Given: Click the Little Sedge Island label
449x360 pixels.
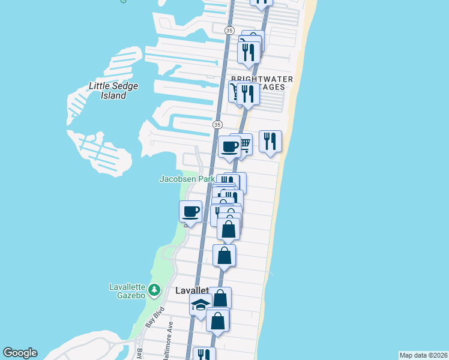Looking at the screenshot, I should (113, 91).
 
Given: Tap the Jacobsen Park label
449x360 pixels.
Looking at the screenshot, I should (187, 179).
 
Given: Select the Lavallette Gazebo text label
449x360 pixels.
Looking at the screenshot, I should (127, 290).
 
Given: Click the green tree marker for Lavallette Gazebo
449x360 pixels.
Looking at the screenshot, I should (154, 291).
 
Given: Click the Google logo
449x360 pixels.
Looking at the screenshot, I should (20, 353).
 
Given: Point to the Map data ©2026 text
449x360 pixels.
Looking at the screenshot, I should (423, 355).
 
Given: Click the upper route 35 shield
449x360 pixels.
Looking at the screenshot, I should (229, 30).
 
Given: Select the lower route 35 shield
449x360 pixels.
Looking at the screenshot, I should (217, 124).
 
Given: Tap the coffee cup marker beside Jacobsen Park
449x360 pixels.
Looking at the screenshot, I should (191, 212).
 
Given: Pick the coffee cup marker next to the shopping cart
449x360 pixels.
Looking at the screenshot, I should (229, 146).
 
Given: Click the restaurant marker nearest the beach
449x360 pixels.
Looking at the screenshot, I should (270, 142).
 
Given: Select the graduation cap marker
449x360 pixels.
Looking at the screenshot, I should (200, 305).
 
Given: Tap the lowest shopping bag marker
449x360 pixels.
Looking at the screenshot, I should (218, 320).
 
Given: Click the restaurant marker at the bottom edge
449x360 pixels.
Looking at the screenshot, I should (204, 355).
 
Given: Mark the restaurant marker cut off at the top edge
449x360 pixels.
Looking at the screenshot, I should (261, 2).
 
